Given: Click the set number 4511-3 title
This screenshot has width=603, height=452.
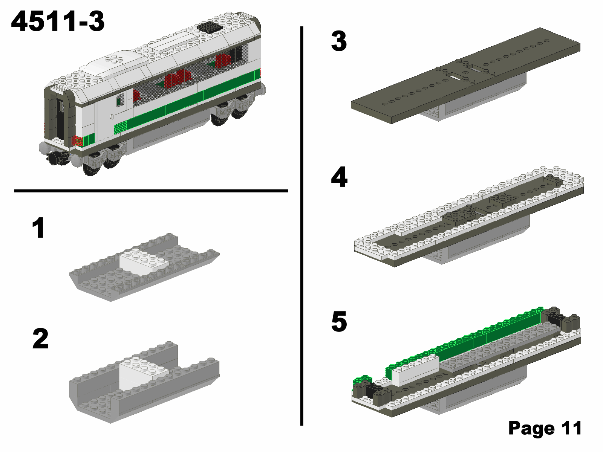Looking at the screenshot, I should pos(58,22).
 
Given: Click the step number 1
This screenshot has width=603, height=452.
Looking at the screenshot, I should pos(39,228).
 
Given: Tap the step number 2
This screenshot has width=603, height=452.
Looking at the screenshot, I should pos(40,339).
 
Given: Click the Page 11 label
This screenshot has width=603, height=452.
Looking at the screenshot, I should pos(545,428).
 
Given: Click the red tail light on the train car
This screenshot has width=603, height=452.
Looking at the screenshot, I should pos(77,141).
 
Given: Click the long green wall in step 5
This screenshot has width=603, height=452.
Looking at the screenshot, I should pos(490,335).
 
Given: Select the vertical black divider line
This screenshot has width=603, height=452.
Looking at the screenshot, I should pos(301,226).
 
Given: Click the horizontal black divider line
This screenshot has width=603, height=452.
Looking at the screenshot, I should pos(151,191).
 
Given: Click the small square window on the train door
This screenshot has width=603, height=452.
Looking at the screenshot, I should pos(121,100).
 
